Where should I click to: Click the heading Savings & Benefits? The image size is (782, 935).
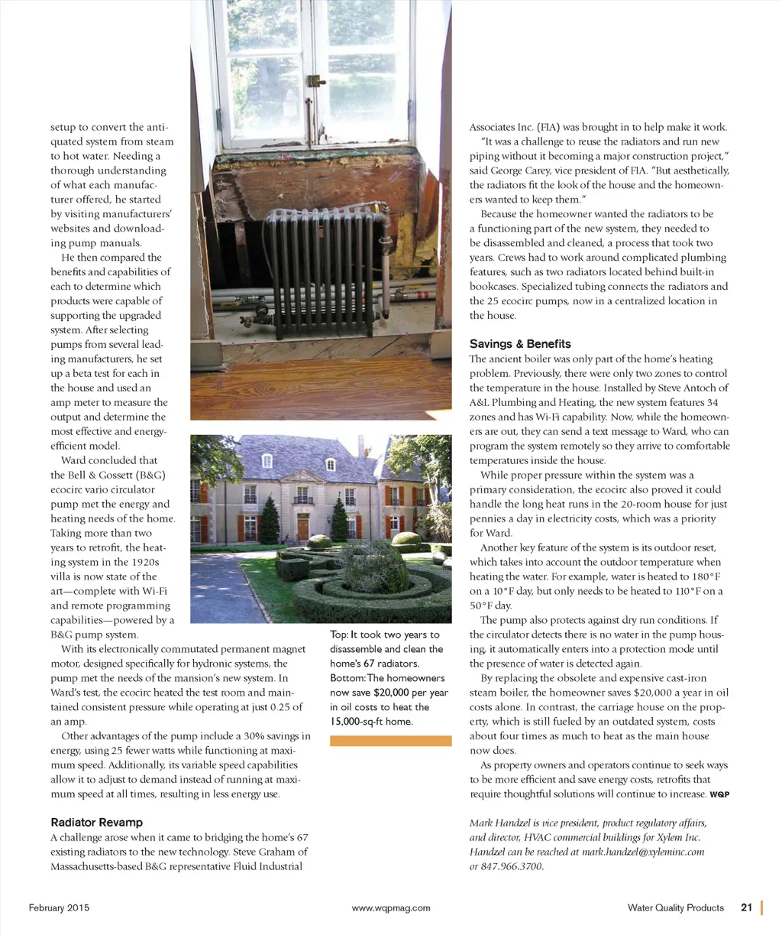click(519, 344)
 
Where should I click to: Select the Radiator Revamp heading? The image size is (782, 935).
click(96, 823)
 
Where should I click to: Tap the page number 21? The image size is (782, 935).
click(746, 907)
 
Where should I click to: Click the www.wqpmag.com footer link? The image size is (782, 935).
click(391, 908)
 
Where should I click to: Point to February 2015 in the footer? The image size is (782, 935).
click(59, 908)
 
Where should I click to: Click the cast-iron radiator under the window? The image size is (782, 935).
click(320, 271)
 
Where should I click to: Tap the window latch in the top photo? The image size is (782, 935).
click(313, 80)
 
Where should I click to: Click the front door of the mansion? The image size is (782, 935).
click(303, 527)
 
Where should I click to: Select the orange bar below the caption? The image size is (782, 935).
click(390, 740)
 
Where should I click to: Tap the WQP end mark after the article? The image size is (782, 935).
click(719, 795)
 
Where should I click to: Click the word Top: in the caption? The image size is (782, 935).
click(340, 635)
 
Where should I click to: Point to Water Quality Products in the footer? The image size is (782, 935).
click(675, 908)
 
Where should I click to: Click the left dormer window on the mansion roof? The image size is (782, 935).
click(267, 460)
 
